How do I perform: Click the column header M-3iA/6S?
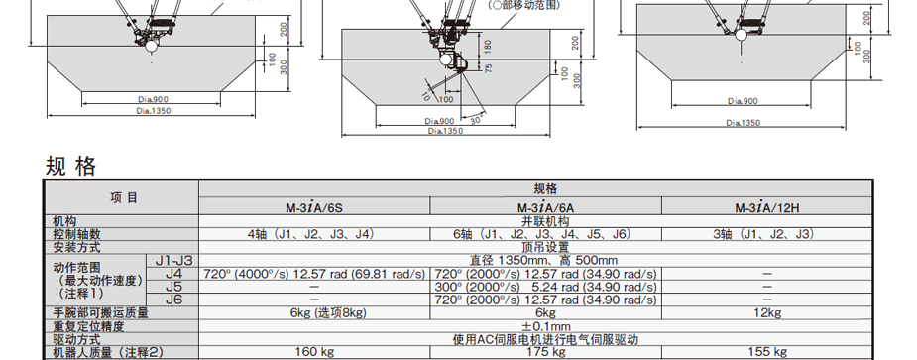pos(314,207)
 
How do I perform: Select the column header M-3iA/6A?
pos(545,207)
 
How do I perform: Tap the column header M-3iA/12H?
pos(766,207)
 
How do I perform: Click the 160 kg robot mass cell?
pos(314,352)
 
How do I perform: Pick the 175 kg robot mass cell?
pos(545,352)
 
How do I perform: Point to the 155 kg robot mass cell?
pos(766,352)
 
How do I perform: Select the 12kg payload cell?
pos(766,313)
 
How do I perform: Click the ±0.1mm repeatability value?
pos(545,326)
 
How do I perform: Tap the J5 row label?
pos(173,287)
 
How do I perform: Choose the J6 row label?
pos(173,300)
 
